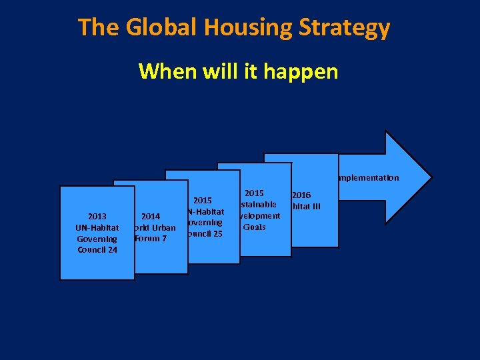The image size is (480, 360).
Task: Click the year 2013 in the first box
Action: tap(97, 216)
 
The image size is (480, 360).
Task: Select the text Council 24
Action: tap(97, 250)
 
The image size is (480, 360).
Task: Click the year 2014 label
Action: tap(151, 216)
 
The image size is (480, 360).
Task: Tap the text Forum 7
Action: tap(151, 239)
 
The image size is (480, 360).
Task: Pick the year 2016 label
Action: tap(301, 195)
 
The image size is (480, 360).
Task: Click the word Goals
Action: tap(255, 227)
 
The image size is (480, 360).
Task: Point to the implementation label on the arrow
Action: tap(369, 178)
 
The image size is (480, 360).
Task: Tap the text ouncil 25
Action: tap(205, 234)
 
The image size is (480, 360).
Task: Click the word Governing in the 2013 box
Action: tap(97, 239)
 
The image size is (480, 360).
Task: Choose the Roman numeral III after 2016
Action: tap(314, 206)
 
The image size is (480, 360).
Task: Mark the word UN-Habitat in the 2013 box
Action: tap(97, 227)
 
